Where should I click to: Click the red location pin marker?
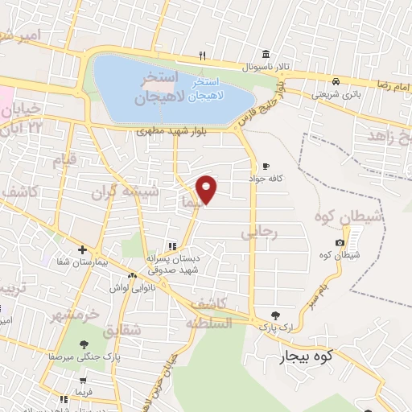pos(207,188)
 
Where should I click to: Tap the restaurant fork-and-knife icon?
pos(202,56)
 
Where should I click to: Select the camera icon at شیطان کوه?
pos(339,243)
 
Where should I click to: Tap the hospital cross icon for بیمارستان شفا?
pos(82,249)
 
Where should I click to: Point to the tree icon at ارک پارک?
pos(277,315)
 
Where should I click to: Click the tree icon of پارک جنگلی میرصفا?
pos(84,344)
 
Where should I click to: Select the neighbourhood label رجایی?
pos(259,233)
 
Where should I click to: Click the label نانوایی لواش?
pos(127,287)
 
